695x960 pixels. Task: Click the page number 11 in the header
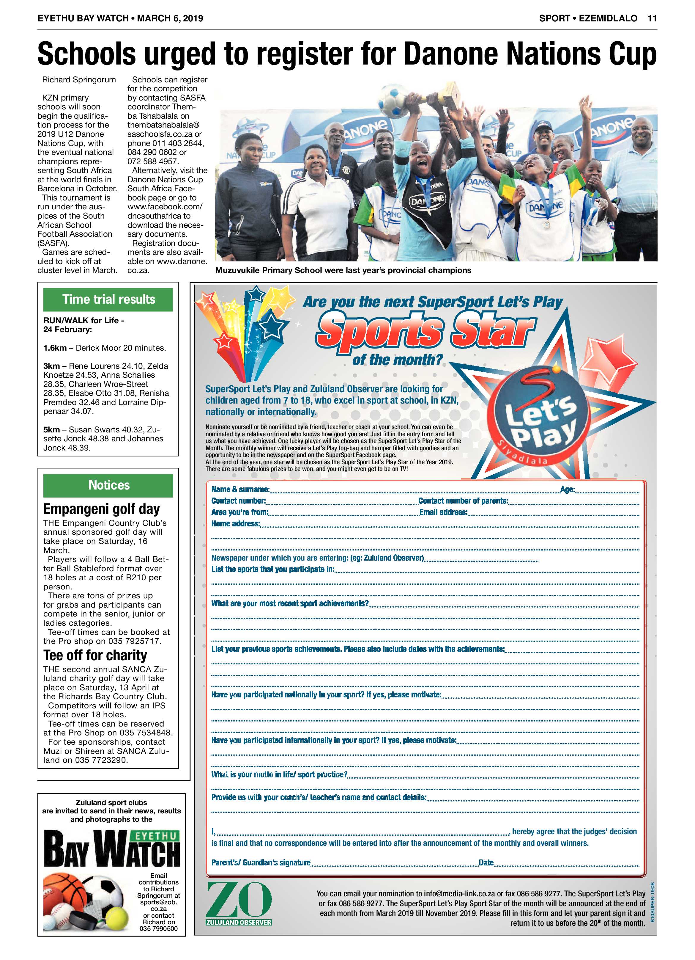(x=652, y=18)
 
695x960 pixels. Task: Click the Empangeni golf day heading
(x=102, y=509)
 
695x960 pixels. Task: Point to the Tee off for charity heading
(x=95, y=655)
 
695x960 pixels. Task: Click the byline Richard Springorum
(x=79, y=80)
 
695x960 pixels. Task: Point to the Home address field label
(x=236, y=524)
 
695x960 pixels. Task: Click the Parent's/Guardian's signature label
(x=261, y=863)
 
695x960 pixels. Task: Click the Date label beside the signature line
(x=486, y=863)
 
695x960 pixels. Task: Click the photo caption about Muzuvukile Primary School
(x=343, y=270)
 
